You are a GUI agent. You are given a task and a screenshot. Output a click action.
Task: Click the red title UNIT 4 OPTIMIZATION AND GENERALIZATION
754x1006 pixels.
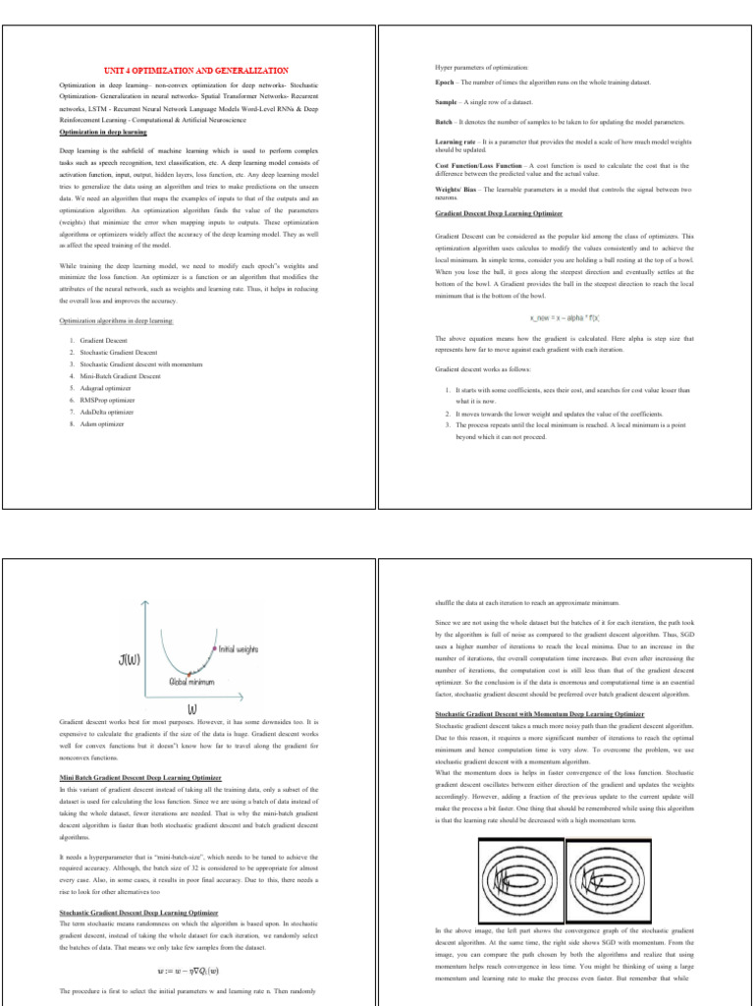pos(196,71)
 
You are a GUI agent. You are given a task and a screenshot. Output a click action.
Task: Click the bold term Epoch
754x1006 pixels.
pos(445,82)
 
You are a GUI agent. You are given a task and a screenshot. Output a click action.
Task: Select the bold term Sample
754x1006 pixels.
pos(447,102)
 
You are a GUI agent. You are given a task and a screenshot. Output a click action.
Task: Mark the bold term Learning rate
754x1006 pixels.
pos(455,142)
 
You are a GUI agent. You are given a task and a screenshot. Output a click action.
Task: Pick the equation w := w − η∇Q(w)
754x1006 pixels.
pos(189,967)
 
